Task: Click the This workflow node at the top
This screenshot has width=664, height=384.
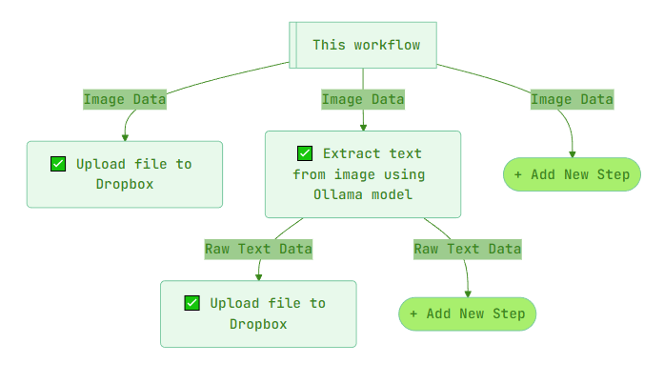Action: pyautogui.click(x=363, y=45)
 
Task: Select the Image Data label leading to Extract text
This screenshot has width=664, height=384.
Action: pyautogui.click(x=363, y=99)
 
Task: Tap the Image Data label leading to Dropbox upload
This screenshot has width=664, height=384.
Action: pyautogui.click(x=125, y=99)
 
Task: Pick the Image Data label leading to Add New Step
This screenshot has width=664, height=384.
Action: pyautogui.click(x=572, y=99)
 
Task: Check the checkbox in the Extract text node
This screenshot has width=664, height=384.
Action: pyautogui.click(x=305, y=153)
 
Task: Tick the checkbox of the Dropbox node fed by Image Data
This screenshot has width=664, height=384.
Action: pyautogui.click(x=58, y=164)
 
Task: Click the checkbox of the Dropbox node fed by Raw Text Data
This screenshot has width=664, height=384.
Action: pyautogui.click(x=191, y=303)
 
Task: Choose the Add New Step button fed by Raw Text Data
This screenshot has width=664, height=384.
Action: pyautogui.click(x=468, y=313)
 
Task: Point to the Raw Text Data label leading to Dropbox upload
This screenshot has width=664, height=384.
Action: pyautogui.click(x=258, y=249)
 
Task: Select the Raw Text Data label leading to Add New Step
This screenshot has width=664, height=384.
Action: pyautogui.click(x=467, y=249)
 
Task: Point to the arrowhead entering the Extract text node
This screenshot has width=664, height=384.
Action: pyautogui.click(x=363, y=127)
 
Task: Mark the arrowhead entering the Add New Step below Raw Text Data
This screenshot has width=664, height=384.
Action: pyautogui.click(x=468, y=293)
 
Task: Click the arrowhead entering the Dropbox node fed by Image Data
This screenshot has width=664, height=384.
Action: pyautogui.click(x=125, y=137)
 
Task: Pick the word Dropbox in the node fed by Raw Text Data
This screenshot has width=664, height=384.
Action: pyautogui.click(x=258, y=324)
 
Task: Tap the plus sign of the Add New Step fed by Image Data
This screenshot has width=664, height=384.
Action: pyautogui.click(x=518, y=174)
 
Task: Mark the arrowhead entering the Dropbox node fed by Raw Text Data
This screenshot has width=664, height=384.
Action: pyautogui.click(x=258, y=276)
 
